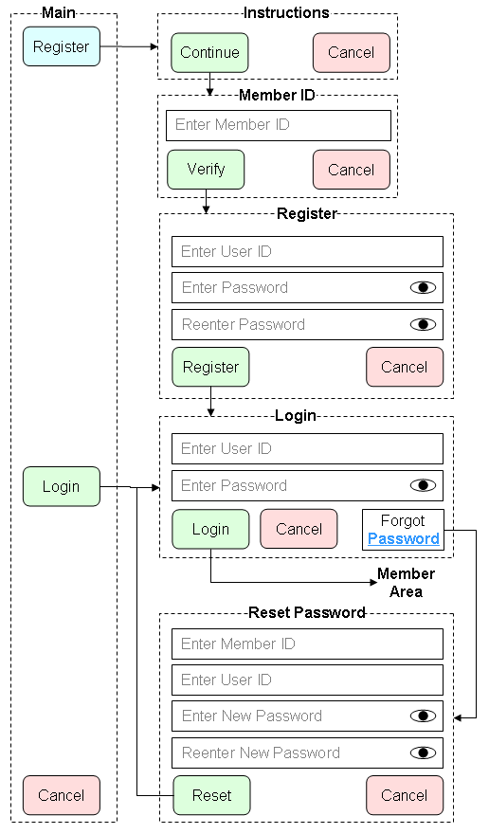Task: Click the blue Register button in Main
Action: (x=62, y=46)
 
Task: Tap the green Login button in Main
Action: (x=62, y=486)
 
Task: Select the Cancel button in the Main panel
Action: (x=62, y=795)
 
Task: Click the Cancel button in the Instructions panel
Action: (x=352, y=53)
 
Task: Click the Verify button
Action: (x=206, y=170)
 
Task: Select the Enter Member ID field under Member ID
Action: (x=279, y=125)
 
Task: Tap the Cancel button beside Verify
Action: (x=352, y=170)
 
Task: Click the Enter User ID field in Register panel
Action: (x=307, y=251)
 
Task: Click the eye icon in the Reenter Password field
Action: (x=423, y=324)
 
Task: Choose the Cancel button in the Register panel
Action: (x=405, y=367)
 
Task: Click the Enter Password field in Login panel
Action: (x=307, y=485)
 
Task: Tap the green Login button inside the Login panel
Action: (x=210, y=529)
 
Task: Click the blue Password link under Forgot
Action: (x=404, y=539)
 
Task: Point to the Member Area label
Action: (x=406, y=583)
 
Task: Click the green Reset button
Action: (x=211, y=795)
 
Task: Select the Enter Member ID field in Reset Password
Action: (x=307, y=644)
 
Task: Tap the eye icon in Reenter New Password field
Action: (x=423, y=752)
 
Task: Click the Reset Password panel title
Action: (x=307, y=613)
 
